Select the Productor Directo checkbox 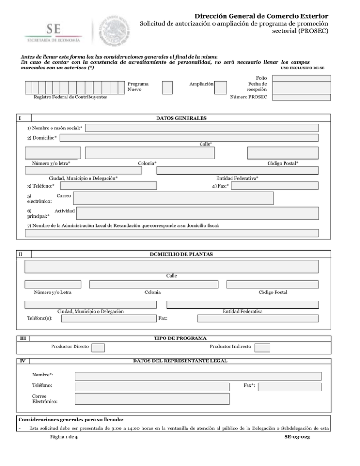[x=98, y=347]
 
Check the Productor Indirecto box [x=263, y=347]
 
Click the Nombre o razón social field [x=202, y=128]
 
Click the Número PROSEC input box [x=301, y=98]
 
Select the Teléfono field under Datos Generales [x=110, y=186]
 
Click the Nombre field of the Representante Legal [x=198, y=376]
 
